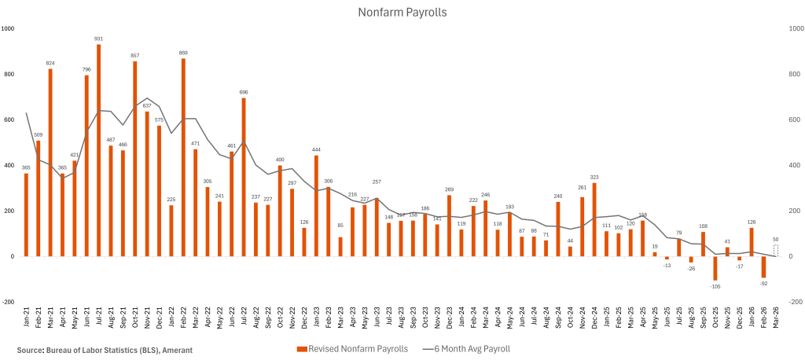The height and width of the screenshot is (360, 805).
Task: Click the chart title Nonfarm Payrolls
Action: click(402, 12)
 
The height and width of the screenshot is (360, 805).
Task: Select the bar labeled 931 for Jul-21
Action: click(98, 150)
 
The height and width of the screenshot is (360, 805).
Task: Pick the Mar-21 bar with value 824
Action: click(50, 163)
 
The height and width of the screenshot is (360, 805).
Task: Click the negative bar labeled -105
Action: click(715, 268)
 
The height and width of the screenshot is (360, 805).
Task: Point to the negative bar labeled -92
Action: click(763, 266)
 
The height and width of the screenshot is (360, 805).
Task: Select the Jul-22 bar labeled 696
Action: click(244, 177)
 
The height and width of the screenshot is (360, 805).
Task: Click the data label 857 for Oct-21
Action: click(134, 55)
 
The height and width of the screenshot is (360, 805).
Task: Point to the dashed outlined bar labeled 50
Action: click(776, 251)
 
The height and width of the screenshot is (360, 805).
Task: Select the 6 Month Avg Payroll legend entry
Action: click(469, 348)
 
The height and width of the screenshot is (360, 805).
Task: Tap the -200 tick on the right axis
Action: click(795, 302)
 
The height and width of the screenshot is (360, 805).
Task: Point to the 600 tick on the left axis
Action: click(9, 119)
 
